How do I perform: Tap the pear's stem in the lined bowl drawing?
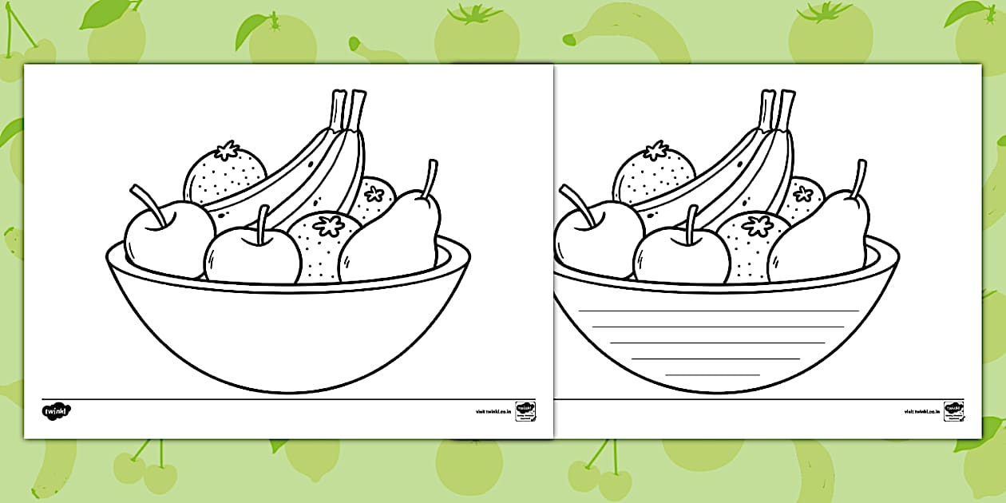pos(859,178)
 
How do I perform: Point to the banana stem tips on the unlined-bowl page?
pos(348,102)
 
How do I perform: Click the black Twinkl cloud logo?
pos(57,412)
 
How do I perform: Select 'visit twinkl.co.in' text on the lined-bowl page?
pos(920,412)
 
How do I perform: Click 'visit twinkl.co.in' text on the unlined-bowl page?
pos(491,412)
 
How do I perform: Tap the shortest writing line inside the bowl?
pos(712,374)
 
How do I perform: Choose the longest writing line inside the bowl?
pos(719,310)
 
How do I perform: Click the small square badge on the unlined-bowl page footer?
pos(525,411)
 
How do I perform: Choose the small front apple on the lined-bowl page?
pos(681,255)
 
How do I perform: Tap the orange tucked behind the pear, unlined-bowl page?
pos(374,198)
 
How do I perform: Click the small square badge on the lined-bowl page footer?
pos(953,411)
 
